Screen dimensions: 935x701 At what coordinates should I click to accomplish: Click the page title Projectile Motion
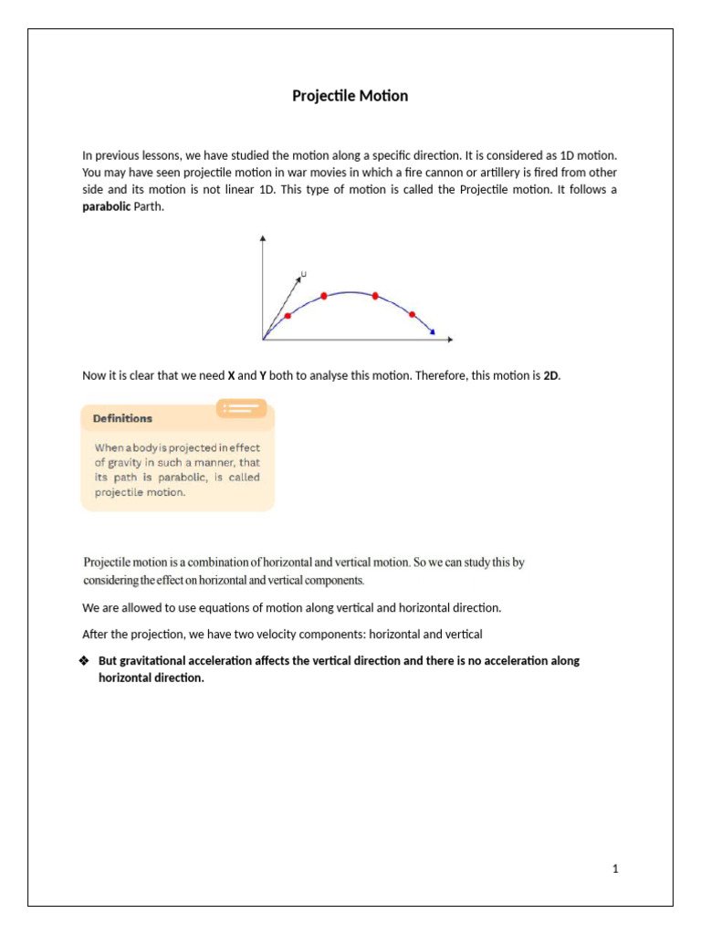tap(350, 96)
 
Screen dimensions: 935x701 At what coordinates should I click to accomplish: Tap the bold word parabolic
tap(107, 207)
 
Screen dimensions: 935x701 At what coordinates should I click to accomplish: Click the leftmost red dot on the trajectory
tap(288, 316)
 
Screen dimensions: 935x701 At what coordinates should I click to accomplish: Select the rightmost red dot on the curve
tap(412, 314)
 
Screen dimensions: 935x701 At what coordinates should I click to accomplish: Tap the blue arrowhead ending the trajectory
tap(433, 332)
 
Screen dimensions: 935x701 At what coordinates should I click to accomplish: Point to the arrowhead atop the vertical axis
tap(263, 238)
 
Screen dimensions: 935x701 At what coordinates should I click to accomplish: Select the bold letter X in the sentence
tap(231, 375)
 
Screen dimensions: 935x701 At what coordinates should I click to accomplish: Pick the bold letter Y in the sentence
tap(263, 375)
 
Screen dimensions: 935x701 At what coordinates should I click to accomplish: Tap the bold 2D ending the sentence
tap(550, 375)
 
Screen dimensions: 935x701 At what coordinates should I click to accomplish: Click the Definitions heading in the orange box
tap(123, 418)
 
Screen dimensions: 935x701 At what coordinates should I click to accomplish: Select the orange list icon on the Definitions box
tap(241, 408)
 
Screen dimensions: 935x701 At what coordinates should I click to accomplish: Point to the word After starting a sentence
tap(96, 634)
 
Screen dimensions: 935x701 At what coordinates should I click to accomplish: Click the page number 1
tap(616, 869)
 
